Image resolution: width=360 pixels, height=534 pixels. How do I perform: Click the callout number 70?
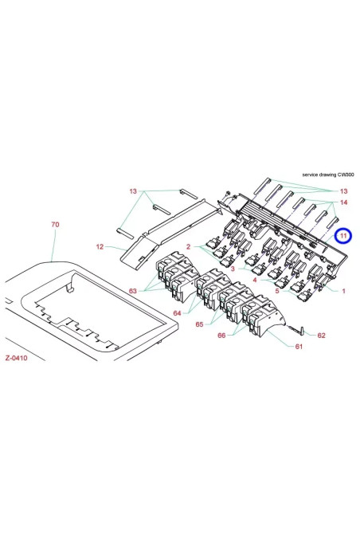click(54, 226)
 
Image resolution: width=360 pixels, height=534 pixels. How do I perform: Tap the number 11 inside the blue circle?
click(343, 236)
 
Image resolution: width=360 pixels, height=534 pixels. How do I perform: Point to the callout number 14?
click(343, 204)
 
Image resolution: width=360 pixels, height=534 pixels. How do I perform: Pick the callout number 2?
click(189, 246)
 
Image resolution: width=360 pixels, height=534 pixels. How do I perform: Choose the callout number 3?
click(233, 269)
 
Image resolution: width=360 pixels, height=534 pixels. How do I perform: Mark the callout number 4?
click(254, 280)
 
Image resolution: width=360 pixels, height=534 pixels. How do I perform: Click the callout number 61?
click(299, 347)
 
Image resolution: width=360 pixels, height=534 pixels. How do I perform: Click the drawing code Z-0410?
click(16, 359)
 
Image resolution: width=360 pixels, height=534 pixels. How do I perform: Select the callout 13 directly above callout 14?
click(343, 192)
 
